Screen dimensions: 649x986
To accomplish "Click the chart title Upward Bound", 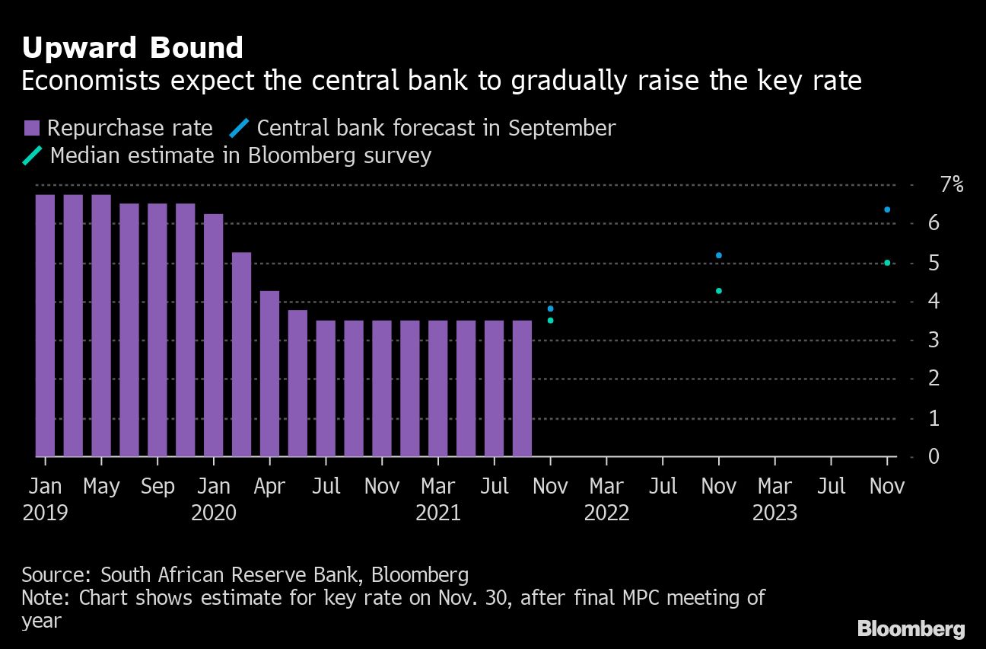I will (132, 48).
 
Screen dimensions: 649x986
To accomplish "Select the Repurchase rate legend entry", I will (118, 128).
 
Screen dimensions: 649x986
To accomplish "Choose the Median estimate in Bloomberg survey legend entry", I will (228, 155).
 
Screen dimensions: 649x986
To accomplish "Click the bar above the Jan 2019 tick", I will (45, 325).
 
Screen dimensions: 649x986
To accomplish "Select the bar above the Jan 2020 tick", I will (214, 335).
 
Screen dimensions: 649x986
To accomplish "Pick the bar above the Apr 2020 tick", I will (270, 373).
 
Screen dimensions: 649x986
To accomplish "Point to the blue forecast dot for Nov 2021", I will (550, 309).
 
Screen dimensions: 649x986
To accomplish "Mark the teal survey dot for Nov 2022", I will (719, 291).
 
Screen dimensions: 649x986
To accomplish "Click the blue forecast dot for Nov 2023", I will (887, 209).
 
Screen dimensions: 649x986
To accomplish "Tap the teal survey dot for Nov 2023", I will (887, 263).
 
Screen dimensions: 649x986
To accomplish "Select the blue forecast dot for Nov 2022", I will (719, 255).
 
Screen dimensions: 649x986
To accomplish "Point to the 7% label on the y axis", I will (951, 185).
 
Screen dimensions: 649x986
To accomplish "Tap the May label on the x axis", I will (101, 487).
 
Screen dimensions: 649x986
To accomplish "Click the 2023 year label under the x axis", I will (774, 513).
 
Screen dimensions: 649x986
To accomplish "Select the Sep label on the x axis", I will (157, 487).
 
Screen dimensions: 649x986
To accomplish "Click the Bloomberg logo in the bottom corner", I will (911, 628).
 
